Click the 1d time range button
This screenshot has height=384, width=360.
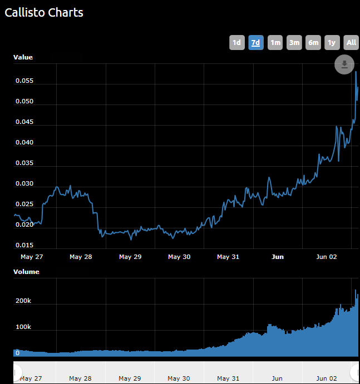pyautogui.click(x=236, y=42)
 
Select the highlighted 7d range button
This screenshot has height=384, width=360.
pyautogui.click(x=256, y=42)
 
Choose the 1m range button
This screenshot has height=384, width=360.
pyautogui.click(x=275, y=42)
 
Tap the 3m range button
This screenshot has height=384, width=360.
pyautogui.click(x=294, y=42)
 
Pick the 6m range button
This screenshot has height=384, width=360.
pyautogui.click(x=313, y=42)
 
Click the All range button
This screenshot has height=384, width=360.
pyautogui.click(x=351, y=42)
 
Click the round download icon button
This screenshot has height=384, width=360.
pyautogui.click(x=344, y=64)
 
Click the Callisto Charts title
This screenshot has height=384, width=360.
pyautogui.click(x=44, y=12)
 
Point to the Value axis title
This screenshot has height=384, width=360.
pyautogui.click(x=23, y=57)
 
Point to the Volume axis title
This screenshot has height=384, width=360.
pyautogui.click(x=26, y=272)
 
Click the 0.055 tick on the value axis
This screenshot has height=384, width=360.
pyautogui.click(x=24, y=81)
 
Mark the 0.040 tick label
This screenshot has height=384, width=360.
pyautogui.click(x=24, y=143)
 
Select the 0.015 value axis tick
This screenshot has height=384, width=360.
pyautogui.click(x=24, y=245)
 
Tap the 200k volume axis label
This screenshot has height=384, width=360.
pyautogui.click(x=23, y=301)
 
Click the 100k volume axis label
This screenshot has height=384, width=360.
pyautogui.click(x=23, y=327)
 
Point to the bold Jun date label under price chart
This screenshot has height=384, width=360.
pyautogui.click(x=277, y=257)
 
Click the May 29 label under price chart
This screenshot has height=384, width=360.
pyautogui.click(x=130, y=257)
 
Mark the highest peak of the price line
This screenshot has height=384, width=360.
pyautogui.click(x=356, y=72)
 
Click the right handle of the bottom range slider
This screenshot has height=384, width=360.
pyautogui.click(x=354, y=372)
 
